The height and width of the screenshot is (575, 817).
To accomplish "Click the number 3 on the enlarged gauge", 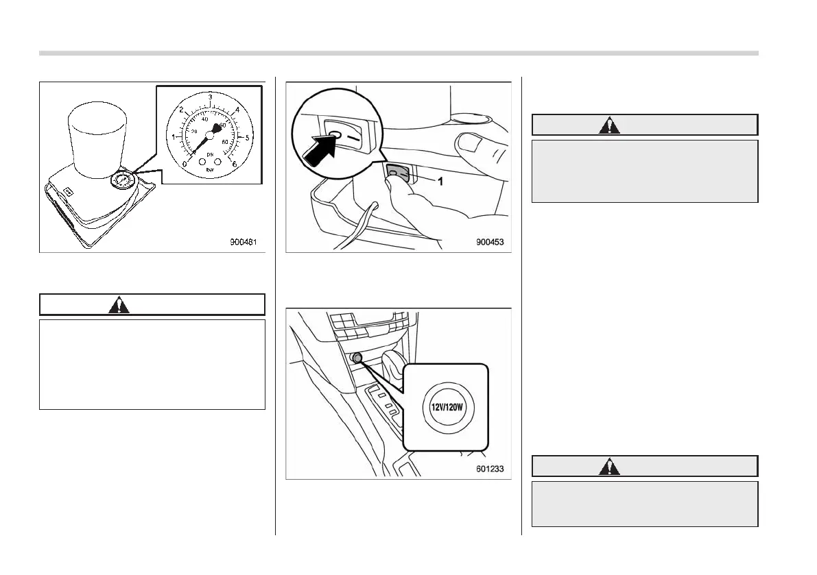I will pos(210,97).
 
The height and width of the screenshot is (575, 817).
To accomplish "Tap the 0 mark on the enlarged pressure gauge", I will pos(184,163).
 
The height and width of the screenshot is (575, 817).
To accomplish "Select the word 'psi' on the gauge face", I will pos(211,155).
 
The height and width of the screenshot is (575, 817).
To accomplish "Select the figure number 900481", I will pos(245,241).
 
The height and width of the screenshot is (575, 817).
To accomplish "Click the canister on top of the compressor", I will pos(97,136).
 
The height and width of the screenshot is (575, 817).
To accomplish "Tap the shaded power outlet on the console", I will pos(357,358).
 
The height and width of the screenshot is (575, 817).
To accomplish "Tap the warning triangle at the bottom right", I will pos(609,467).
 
